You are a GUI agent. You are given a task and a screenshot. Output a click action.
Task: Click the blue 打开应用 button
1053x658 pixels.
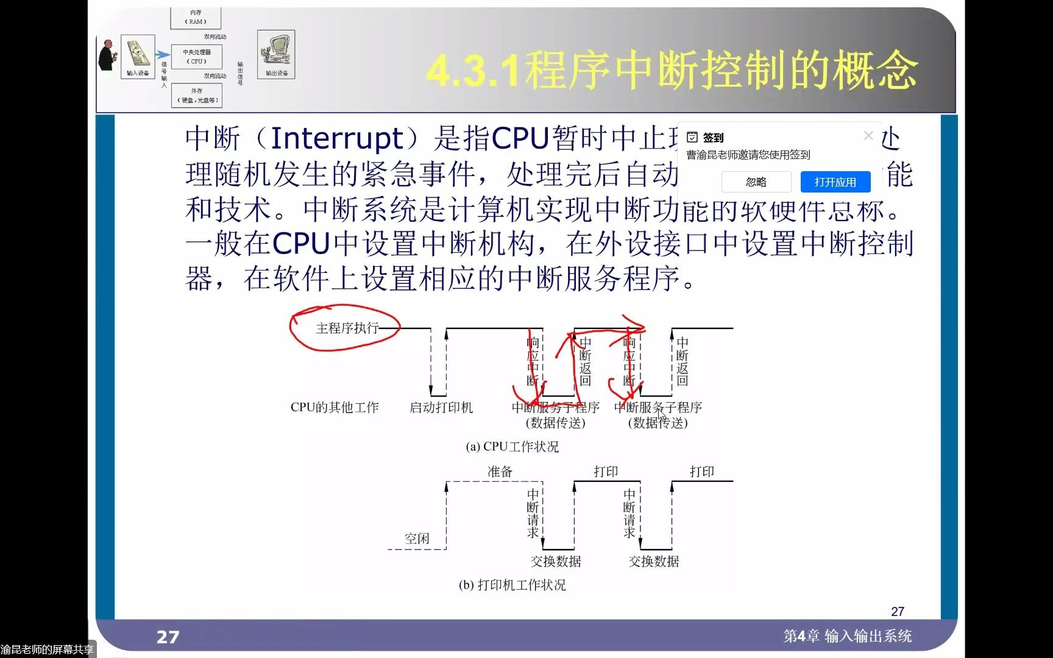coord(835,182)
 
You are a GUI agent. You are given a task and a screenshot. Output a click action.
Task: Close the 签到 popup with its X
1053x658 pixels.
coord(868,136)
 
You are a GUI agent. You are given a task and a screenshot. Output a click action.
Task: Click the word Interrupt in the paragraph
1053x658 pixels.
coord(336,138)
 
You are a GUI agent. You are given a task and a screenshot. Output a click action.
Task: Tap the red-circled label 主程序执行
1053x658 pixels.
coord(347,328)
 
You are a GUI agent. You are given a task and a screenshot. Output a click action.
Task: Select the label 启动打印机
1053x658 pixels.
coord(441,408)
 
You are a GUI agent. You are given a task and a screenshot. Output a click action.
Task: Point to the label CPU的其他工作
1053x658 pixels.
coord(335,408)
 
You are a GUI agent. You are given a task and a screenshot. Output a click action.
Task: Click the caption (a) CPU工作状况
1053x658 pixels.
coord(512,447)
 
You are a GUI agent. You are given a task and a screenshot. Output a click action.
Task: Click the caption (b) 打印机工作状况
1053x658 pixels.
coord(512,585)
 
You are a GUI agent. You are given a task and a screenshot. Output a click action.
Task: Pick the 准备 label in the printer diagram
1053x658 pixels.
coord(500,472)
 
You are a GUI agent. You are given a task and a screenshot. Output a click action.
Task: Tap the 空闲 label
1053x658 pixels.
coord(417,539)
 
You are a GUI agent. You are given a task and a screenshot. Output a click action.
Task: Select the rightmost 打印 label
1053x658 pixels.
coord(701,472)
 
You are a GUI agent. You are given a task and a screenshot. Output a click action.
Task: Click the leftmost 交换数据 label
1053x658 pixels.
coord(556,561)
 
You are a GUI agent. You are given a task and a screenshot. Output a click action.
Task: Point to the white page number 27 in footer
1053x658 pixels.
coord(168,637)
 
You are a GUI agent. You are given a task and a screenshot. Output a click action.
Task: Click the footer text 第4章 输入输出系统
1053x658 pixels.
coord(847,636)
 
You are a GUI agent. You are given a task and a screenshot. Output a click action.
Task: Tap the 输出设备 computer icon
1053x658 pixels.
coord(276,52)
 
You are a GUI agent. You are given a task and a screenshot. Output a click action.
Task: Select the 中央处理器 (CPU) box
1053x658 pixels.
coord(196,57)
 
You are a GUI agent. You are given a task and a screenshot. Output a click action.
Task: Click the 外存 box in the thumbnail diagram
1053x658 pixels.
coord(196,96)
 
